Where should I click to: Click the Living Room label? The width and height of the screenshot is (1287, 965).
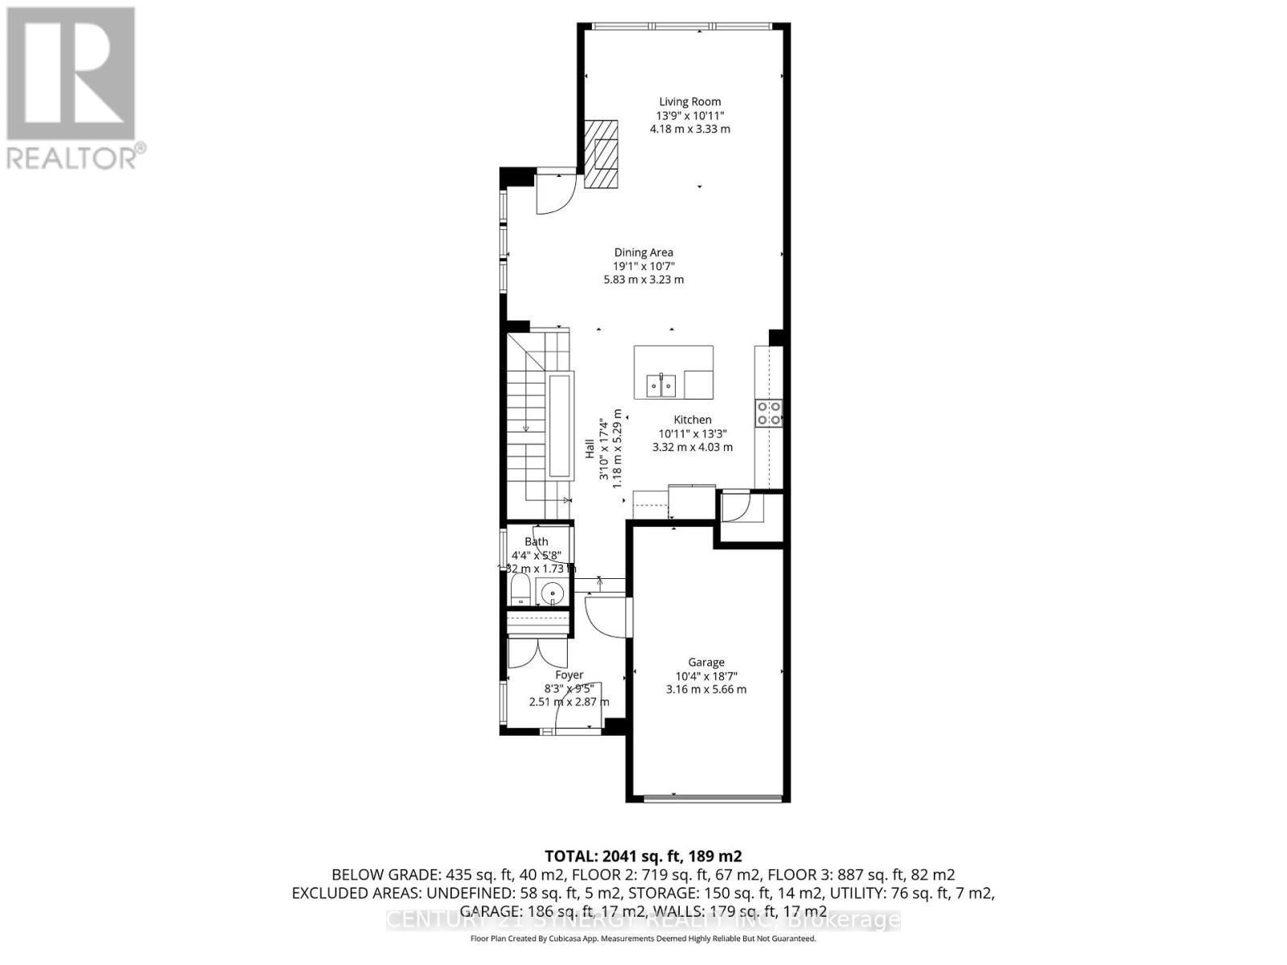689,101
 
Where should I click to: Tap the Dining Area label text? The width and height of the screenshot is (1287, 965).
643,253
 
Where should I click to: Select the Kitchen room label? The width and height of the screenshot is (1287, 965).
693,420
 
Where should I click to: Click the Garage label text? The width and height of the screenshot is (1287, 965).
705,663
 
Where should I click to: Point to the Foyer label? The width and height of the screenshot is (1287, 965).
569,675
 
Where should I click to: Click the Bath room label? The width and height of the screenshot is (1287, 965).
537,542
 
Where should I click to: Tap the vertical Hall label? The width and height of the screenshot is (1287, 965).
590,449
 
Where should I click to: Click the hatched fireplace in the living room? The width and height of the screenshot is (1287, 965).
601,154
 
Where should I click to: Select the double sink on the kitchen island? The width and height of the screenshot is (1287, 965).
663,385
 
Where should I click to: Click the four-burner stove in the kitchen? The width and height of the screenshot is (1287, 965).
768,413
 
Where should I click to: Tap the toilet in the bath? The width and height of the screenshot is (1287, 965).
520,591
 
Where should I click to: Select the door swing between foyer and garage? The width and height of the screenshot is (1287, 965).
606,614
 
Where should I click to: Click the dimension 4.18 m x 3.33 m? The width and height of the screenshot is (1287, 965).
689,129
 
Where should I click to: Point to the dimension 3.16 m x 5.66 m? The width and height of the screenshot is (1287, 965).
705,689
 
